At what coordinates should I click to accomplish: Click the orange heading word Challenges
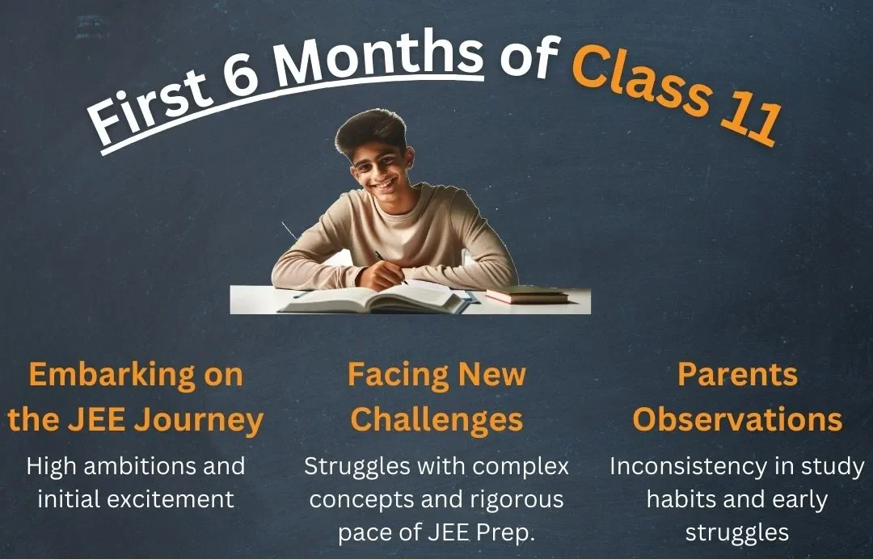[x=436, y=419]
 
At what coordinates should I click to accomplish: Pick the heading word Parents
[x=737, y=375]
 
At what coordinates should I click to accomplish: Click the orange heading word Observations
[x=737, y=419]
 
